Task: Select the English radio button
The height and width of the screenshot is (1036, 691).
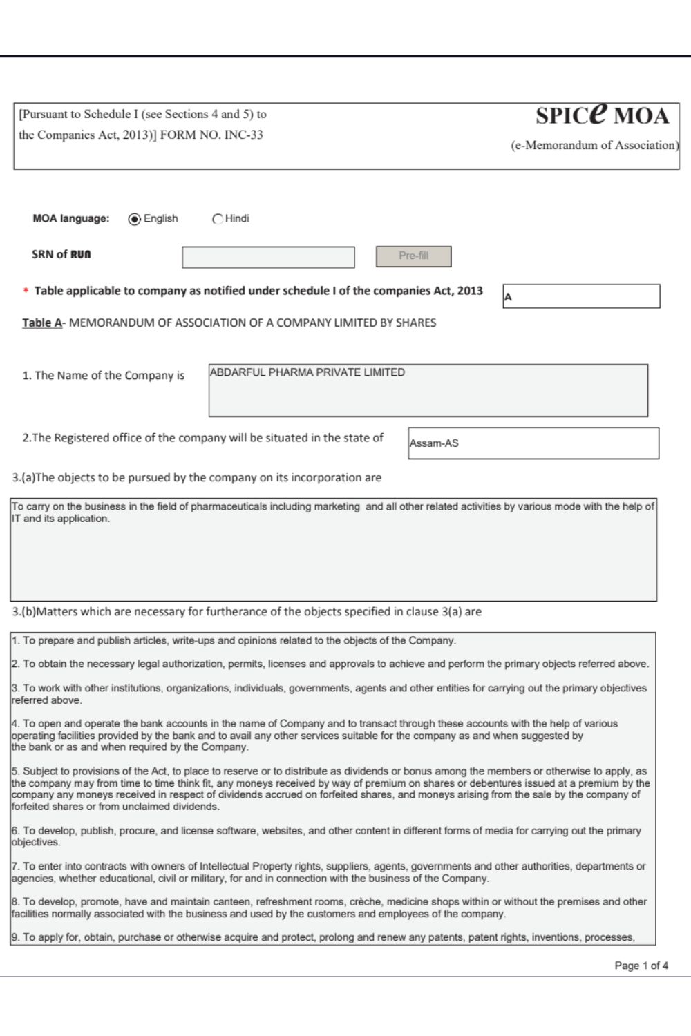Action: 135,219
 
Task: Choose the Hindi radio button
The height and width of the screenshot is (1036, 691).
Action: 218,219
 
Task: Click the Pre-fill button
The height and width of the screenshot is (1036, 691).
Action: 413,256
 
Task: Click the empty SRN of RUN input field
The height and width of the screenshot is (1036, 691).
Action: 268,257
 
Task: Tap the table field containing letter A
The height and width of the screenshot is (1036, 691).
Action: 580,296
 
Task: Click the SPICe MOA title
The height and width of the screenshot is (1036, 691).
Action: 602,115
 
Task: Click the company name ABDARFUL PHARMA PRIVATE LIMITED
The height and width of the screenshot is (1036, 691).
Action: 307,372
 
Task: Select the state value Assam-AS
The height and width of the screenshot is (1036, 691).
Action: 434,443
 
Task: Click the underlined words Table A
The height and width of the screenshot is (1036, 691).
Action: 42,323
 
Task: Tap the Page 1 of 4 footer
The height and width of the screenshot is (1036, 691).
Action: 641,966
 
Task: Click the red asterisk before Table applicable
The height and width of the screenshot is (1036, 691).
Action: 26,291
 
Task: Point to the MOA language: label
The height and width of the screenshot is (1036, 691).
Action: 70,218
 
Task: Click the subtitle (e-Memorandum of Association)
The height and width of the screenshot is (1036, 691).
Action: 594,145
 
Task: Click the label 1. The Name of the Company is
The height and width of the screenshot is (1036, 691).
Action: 103,376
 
